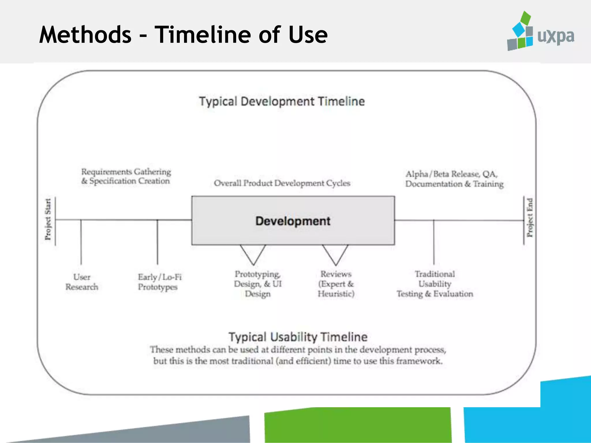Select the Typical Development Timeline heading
pyautogui.click(x=282, y=102)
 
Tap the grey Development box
pyautogui.click(x=293, y=221)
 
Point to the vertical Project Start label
pyautogui.click(x=48, y=219)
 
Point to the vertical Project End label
pyautogui.click(x=530, y=218)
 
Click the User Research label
pyautogui.click(x=82, y=282)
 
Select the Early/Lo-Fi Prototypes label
pyautogui.click(x=159, y=282)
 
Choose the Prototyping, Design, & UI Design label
pyautogui.click(x=257, y=284)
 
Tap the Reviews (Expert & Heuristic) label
pyautogui.click(x=336, y=284)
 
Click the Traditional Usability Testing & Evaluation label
pyautogui.click(x=435, y=284)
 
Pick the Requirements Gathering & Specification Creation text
pyautogui.click(x=126, y=176)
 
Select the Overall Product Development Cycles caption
pyautogui.click(x=282, y=183)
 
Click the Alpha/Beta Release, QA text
pyautogui.click(x=451, y=174)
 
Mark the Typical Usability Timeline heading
pyautogui.click(x=298, y=337)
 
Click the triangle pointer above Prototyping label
pyautogui.click(x=253, y=253)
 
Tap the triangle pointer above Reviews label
pyautogui.click(x=335, y=253)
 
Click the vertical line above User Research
pyautogui.click(x=81, y=242)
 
